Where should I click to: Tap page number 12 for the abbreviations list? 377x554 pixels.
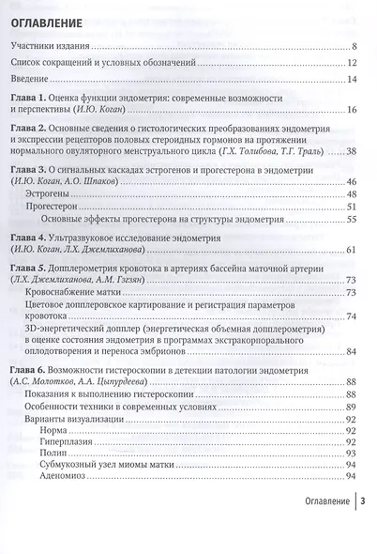(x=352, y=63)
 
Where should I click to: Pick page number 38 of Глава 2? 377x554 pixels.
(x=352, y=151)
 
